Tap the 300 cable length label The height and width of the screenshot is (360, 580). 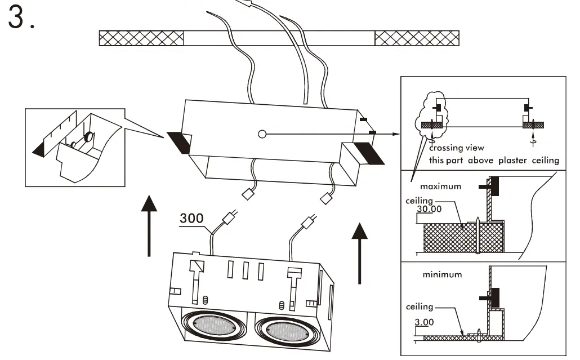coord(192,218)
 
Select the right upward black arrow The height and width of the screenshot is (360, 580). coord(359,251)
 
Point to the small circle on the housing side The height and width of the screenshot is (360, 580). coord(261,134)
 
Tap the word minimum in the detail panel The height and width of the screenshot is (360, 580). coord(442,275)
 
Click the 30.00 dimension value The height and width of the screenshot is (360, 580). coord(429,208)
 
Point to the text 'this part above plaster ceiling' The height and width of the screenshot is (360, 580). coord(494,161)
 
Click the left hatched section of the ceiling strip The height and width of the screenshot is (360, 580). coord(141,38)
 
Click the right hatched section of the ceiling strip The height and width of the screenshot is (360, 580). coord(417,38)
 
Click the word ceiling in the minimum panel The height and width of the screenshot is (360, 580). coord(420,307)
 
